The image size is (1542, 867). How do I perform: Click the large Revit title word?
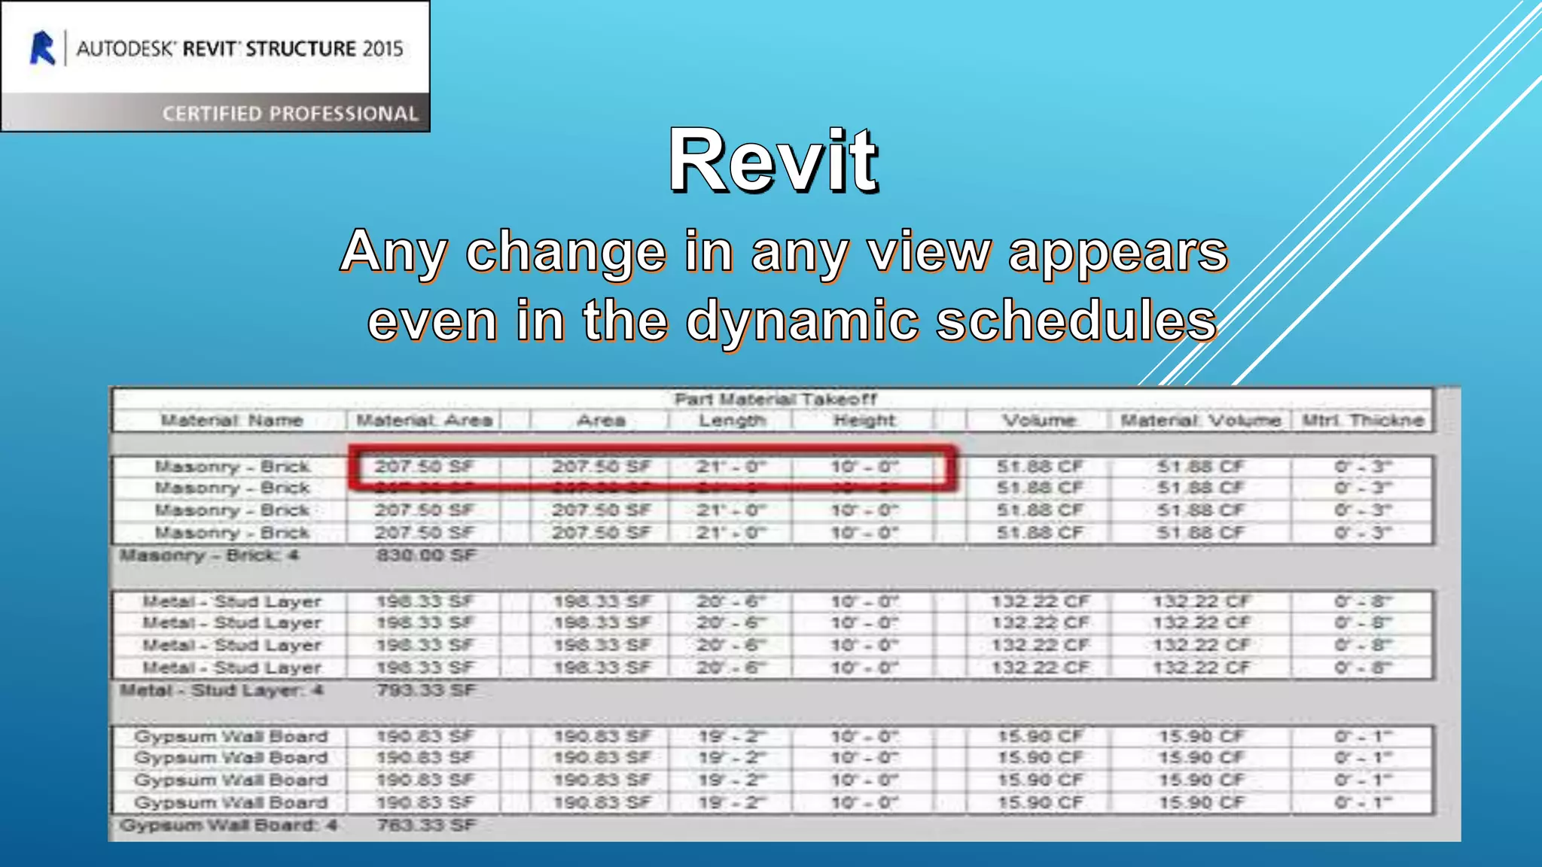click(x=773, y=161)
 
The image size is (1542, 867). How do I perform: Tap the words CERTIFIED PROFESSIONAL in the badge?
click(x=290, y=114)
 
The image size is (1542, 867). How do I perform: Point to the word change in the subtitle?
click(x=565, y=251)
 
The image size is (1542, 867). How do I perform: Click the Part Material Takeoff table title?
click(x=775, y=399)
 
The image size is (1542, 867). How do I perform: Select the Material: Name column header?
click(x=231, y=421)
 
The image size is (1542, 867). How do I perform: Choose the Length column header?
click(x=732, y=421)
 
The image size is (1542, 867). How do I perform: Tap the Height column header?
click(x=864, y=421)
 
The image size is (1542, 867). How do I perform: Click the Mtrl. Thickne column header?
click(x=1363, y=421)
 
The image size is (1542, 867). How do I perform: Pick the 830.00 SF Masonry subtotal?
click(x=426, y=555)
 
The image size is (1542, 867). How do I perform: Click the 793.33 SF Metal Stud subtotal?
click(x=426, y=690)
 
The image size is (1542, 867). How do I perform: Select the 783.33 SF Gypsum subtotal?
click(x=426, y=826)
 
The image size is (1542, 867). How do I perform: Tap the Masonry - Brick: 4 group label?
click(x=209, y=555)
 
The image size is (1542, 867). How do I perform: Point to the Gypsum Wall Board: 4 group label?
click(x=228, y=826)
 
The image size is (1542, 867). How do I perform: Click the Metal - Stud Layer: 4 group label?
click(x=221, y=690)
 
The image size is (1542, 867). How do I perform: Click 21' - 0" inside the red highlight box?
click(x=730, y=467)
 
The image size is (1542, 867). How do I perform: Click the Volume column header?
click(x=1039, y=421)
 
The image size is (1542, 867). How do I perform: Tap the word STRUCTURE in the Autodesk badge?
click(x=300, y=49)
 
